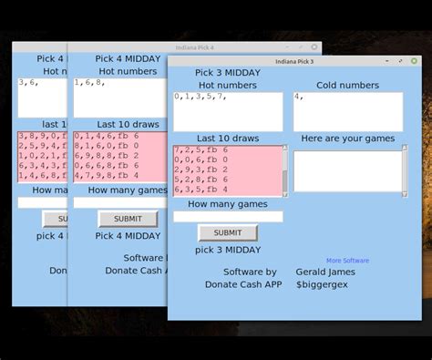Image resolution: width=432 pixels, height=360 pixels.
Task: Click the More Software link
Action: pos(347,261)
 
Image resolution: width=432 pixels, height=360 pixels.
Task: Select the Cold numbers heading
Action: pos(347,86)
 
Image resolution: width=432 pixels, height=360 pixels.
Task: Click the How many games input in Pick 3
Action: pos(228,217)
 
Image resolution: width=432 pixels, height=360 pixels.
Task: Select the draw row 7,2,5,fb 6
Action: pos(201,149)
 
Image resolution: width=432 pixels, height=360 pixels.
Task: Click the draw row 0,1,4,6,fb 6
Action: pos(106,136)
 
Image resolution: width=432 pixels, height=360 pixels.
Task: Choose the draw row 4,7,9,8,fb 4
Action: pos(106,176)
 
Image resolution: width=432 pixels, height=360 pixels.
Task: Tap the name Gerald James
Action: pos(326,272)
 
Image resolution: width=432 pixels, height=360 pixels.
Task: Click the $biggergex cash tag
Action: pos(322,284)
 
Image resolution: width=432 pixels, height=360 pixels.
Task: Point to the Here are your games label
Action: pos(347,139)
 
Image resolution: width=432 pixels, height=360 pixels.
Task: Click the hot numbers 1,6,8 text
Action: pos(89,83)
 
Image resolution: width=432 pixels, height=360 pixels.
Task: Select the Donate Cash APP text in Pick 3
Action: pos(243,284)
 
